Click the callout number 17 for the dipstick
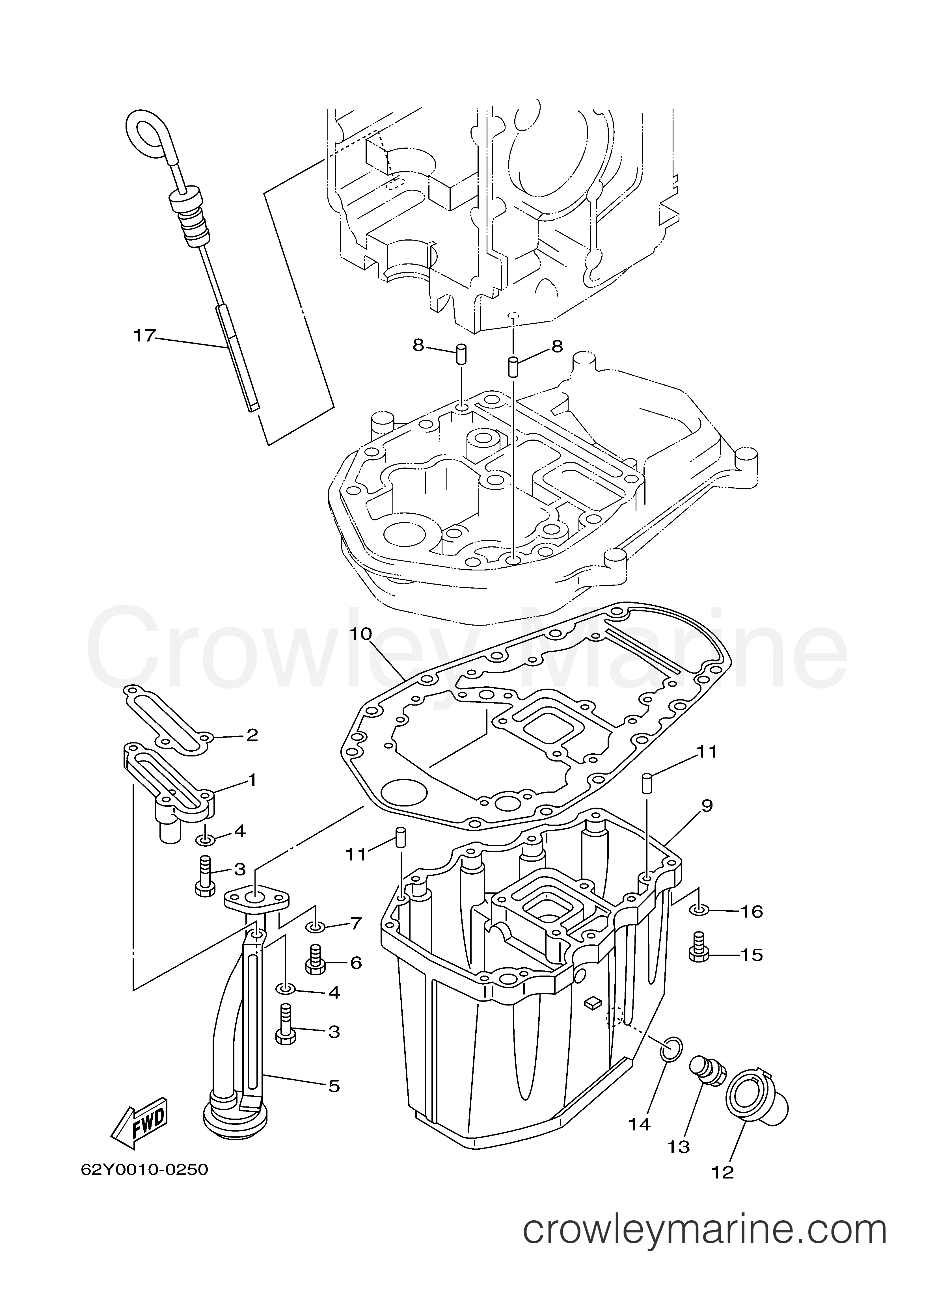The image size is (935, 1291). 144,336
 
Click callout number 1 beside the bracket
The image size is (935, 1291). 251,780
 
